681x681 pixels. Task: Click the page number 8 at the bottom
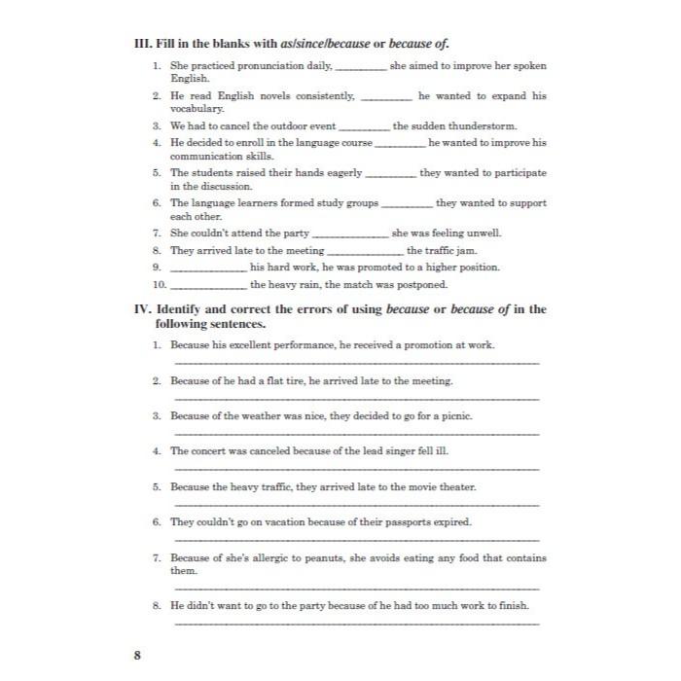137,655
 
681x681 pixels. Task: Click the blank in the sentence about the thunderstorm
364,127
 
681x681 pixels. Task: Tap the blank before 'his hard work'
208,268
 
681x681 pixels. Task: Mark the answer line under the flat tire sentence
355,399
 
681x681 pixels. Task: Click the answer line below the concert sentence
355,469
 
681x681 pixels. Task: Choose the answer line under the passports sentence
355,540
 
